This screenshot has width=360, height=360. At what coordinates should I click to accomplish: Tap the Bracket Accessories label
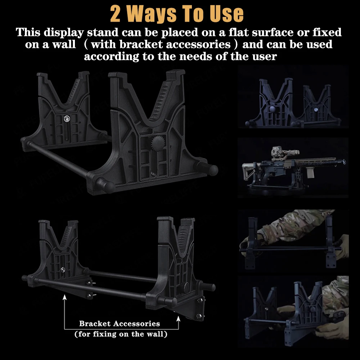click(120, 324)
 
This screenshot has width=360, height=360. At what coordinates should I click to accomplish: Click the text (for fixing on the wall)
click(121, 334)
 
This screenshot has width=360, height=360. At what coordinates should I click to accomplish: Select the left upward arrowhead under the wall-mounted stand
click(64, 297)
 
